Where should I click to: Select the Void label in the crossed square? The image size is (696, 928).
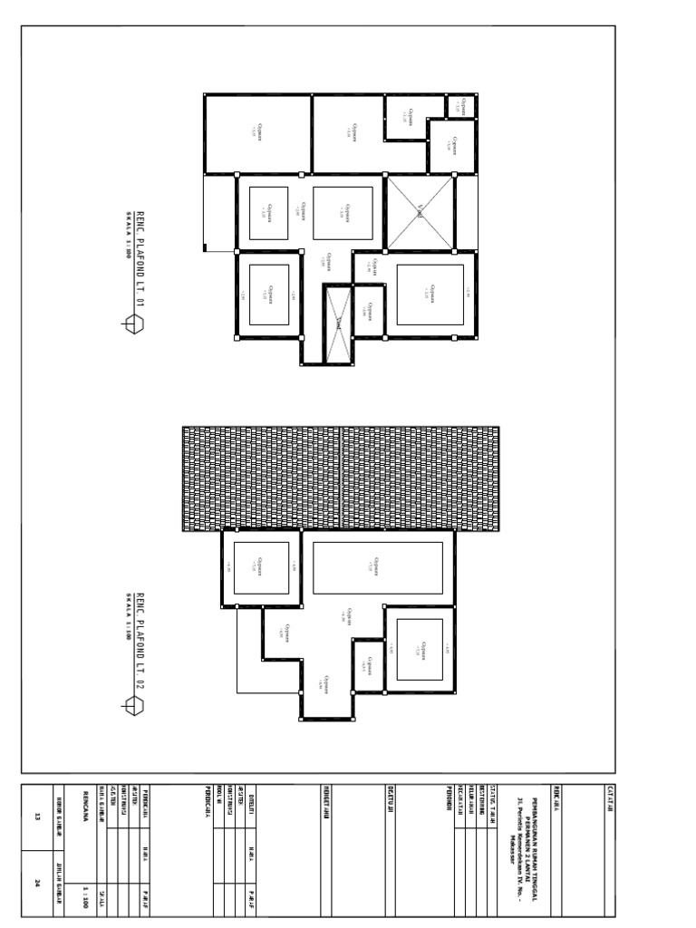(420, 210)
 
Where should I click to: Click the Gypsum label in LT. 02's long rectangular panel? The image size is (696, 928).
(376, 564)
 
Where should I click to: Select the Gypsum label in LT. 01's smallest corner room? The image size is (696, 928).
(462, 105)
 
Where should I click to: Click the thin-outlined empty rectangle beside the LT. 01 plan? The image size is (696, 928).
(219, 213)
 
